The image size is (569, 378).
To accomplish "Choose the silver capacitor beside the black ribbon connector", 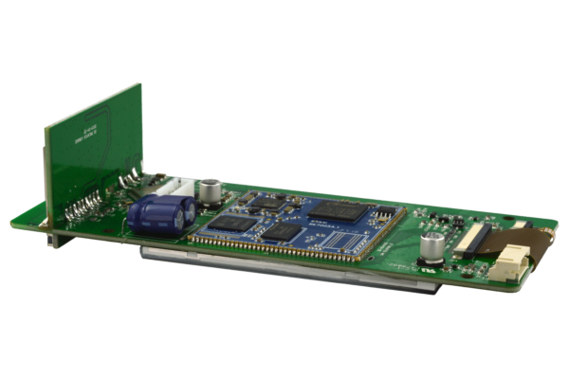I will pyautogui.click(x=432, y=248).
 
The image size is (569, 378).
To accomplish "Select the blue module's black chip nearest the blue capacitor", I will pyautogui.click(x=227, y=224).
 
